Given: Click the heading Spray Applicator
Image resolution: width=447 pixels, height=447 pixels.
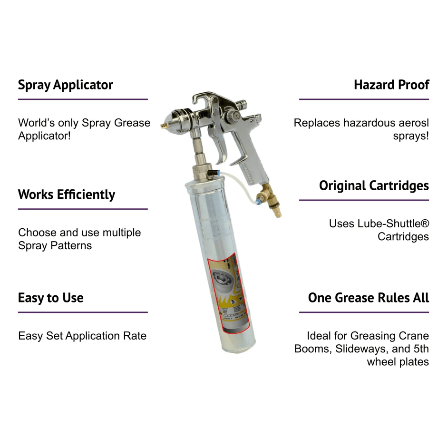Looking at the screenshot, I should coord(66,85).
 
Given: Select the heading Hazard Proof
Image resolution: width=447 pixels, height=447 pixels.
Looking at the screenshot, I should coord(391,85).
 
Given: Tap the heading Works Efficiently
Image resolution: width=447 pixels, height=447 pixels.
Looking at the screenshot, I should coord(67,194).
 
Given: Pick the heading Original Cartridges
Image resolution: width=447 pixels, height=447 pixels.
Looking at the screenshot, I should coord(374,185).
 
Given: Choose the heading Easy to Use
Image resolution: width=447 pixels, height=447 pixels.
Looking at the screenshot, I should coord(50,298).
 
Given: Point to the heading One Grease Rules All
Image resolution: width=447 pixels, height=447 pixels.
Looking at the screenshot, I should coord(368,298).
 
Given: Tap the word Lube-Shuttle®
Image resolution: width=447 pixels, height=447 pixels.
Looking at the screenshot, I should coord(393,223).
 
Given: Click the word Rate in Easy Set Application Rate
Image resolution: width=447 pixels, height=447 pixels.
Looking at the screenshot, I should coord(136,336).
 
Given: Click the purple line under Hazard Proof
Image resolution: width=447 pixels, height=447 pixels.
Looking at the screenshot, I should coord(364,99).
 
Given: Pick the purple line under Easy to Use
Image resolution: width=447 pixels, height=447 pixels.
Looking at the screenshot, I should coord(83,312).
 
